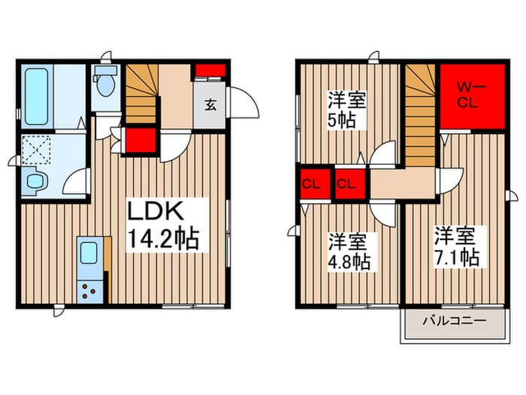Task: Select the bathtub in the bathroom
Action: (x=36, y=96)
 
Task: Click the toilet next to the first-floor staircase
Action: (x=104, y=85)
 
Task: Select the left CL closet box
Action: (x=310, y=184)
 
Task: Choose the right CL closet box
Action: (x=346, y=184)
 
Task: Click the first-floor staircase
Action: (x=141, y=94)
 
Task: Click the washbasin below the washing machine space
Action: (x=35, y=181)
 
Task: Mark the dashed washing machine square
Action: (x=35, y=150)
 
